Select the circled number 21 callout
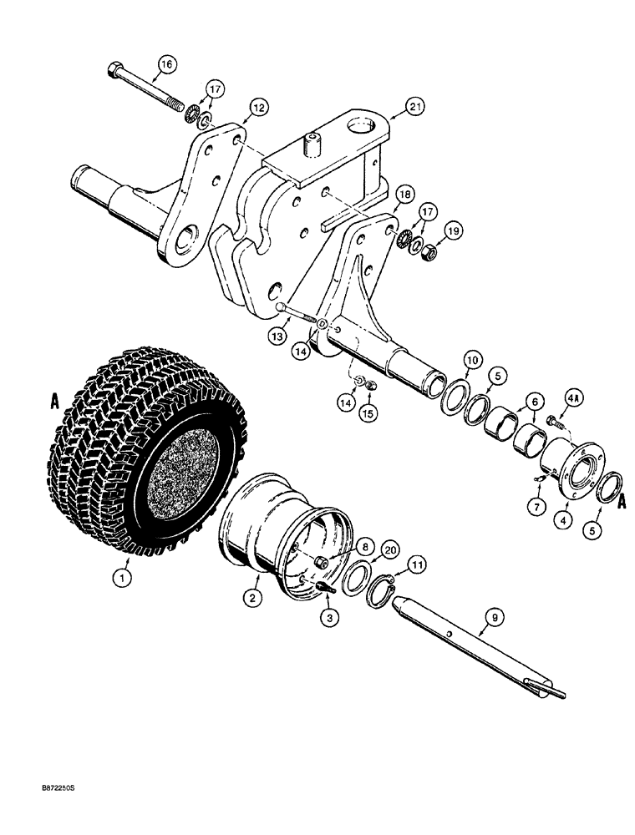(x=415, y=105)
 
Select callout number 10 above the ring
(x=449, y=360)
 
